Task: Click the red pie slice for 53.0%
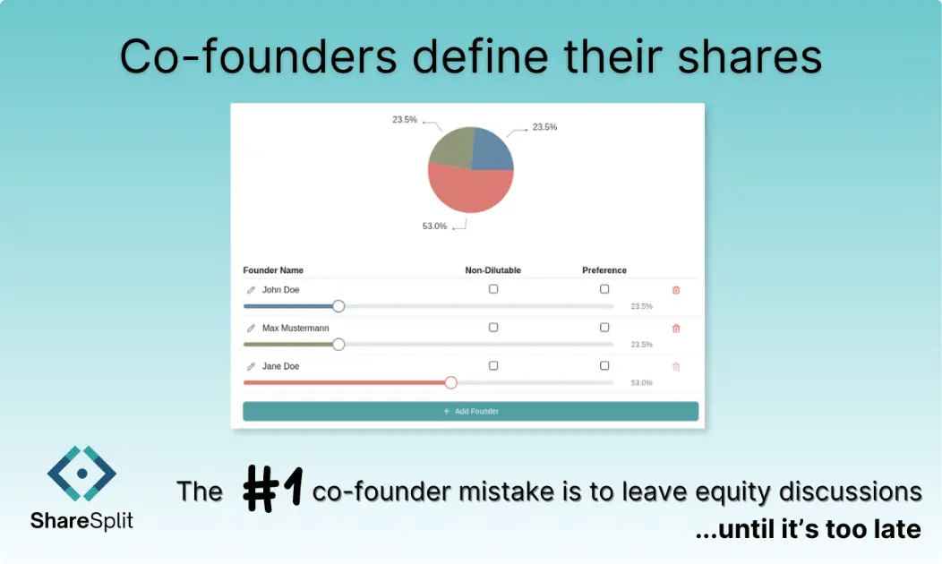pos(470,191)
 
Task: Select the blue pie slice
pos(492,150)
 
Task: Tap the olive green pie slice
pos(450,148)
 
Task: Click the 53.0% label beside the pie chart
pos(434,226)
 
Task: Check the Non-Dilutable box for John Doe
pos(493,289)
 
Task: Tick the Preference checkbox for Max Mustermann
pos(604,328)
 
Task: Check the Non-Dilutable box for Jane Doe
pos(493,365)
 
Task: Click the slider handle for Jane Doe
pos(450,382)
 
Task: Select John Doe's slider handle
pos(338,306)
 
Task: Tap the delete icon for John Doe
pos(676,290)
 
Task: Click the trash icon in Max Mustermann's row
pos(676,329)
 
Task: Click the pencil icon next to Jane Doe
pos(251,367)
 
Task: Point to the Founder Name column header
pos(273,270)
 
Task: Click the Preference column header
pos(604,270)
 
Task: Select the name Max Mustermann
pos(295,329)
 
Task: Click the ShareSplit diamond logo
pos(81,472)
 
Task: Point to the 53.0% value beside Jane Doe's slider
pos(641,383)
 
